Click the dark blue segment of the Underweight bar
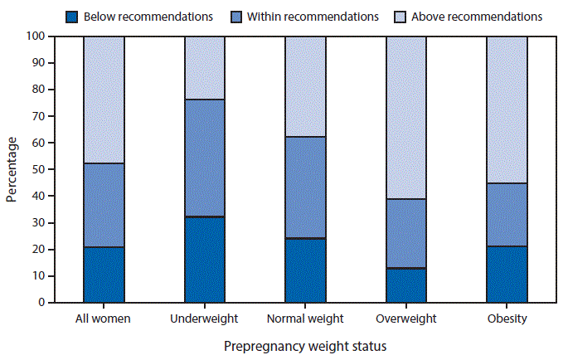tap(204, 260)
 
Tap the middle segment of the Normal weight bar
tap(305, 187)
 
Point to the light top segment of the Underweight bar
tap(204, 68)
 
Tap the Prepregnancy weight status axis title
tap(303, 345)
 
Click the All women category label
tap(104, 319)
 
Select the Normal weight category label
tap(305, 319)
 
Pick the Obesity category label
tap(507, 319)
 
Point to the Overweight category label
tap(406, 319)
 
